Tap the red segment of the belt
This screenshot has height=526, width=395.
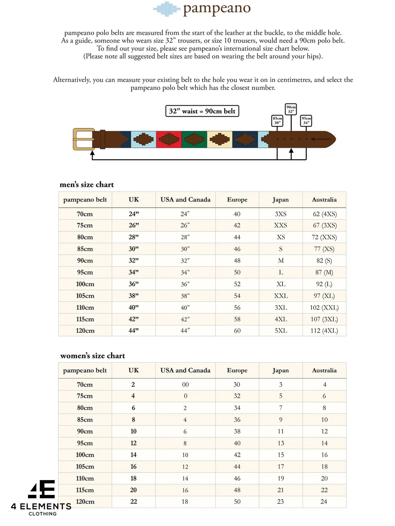click(x=169, y=139)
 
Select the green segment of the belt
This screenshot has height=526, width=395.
click(x=194, y=139)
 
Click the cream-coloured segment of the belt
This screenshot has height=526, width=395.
click(x=219, y=139)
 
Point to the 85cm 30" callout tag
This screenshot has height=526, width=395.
click(x=277, y=120)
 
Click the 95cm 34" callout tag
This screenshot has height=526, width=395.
click(x=306, y=120)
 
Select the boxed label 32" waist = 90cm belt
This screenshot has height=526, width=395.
click(x=202, y=111)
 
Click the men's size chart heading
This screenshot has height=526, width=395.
click(x=87, y=184)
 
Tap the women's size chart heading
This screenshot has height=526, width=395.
click(x=93, y=355)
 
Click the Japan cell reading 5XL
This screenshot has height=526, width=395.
click(x=281, y=331)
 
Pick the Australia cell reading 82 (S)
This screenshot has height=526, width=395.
click(x=324, y=260)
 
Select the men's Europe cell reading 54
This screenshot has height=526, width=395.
click(x=237, y=296)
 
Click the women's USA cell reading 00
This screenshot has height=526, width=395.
click(x=185, y=384)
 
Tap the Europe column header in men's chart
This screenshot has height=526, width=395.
click(x=237, y=200)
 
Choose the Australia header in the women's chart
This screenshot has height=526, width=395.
click(x=324, y=370)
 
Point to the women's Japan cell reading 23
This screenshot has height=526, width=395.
click(x=281, y=501)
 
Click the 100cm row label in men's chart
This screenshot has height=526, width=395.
click(x=85, y=284)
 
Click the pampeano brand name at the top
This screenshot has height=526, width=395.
click(x=217, y=9)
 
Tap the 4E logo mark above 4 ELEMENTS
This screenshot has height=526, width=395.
click(x=42, y=489)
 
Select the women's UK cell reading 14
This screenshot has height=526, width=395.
click(x=133, y=455)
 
